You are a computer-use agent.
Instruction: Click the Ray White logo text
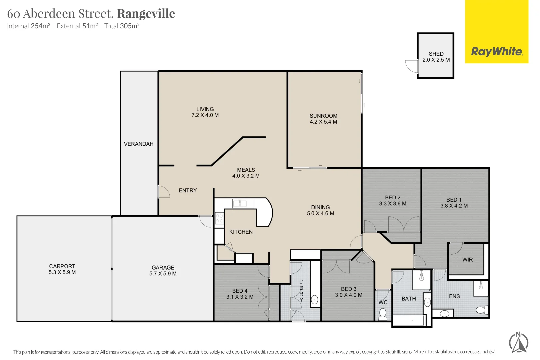[x=497, y=52]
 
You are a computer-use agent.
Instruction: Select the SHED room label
[x=436, y=54]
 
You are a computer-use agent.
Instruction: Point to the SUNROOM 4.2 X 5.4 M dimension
[x=323, y=122]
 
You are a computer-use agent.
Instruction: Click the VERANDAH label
[x=139, y=144]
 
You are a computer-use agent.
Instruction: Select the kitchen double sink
[x=240, y=203]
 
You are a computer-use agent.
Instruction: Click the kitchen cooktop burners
[x=219, y=218]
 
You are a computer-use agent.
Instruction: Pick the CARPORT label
[x=62, y=266]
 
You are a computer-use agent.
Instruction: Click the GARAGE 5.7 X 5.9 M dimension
[x=163, y=274]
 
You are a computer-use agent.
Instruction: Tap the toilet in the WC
[x=383, y=313]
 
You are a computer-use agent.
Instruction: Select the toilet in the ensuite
[x=481, y=310]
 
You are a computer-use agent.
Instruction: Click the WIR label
[x=467, y=260]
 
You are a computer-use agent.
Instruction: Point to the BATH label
[x=409, y=299]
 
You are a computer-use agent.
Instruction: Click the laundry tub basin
[x=314, y=300]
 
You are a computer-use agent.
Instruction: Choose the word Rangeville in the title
[x=146, y=14]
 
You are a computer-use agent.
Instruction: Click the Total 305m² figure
[x=122, y=26]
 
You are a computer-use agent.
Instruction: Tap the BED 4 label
[x=240, y=291]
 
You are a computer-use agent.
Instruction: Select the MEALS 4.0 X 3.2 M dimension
[x=246, y=176]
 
